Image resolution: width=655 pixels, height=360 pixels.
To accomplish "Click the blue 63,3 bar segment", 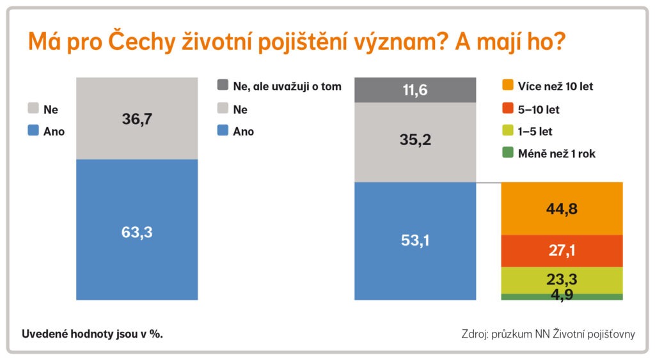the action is (x=137, y=230).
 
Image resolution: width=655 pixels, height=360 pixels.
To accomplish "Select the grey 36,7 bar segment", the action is (x=137, y=118).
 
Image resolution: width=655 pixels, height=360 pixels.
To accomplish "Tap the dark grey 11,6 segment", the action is (x=415, y=90).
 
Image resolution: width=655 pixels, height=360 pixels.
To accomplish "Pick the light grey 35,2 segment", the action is (x=415, y=143).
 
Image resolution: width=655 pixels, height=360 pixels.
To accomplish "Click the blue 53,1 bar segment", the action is (x=415, y=241).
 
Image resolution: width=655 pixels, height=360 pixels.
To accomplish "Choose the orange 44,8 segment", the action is (x=562, y=208).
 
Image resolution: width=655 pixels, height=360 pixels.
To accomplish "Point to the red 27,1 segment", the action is (x=562, y=251).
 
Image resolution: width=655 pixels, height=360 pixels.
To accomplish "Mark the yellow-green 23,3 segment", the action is (x=562, y=280).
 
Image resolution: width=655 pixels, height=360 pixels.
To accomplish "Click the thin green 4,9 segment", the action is (x=562, y=297).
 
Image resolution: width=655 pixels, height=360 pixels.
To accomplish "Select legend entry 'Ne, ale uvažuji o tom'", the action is (x=280, y=86).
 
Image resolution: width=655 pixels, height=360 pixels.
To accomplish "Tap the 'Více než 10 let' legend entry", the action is (x=548, y=86).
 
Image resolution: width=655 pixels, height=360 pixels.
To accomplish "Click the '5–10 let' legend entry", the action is (x=530, y=109).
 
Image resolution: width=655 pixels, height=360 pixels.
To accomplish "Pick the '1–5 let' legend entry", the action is (x=527, y=131).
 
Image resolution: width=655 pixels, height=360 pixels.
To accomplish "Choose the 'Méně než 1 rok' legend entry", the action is (x=549, y=153).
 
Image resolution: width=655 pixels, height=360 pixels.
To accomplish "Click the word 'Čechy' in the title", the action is (x=141, y=42).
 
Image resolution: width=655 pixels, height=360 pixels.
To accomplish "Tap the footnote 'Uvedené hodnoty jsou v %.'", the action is (x=92, y=334).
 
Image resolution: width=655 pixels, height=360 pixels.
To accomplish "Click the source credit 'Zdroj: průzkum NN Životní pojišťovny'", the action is (x=548, y=334).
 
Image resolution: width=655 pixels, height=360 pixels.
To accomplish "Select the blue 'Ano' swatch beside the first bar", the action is (x=33, y=130).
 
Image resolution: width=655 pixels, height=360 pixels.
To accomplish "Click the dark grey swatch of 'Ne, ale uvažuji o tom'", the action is (x=223, y=85).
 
